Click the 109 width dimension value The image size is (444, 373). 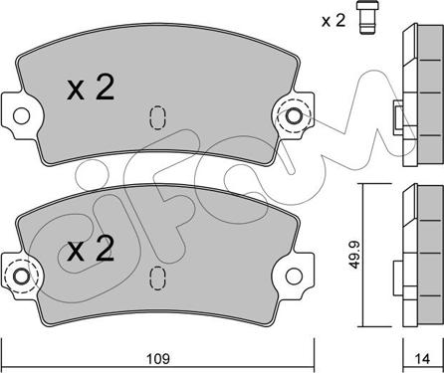[x=158, y=358]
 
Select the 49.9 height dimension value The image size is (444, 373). [x=354, y=255]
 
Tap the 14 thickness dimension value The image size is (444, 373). [x=423, y=359]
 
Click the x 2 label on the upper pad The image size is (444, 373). [x=91, y=87]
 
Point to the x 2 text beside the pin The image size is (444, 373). [x=333, y=21]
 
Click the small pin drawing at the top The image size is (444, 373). [x=367, y=17]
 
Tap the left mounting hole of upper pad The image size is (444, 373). [x=22, y=115]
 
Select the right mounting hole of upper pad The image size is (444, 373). [x=294, y=116]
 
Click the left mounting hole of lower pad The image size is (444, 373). [x=22, y=277]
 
